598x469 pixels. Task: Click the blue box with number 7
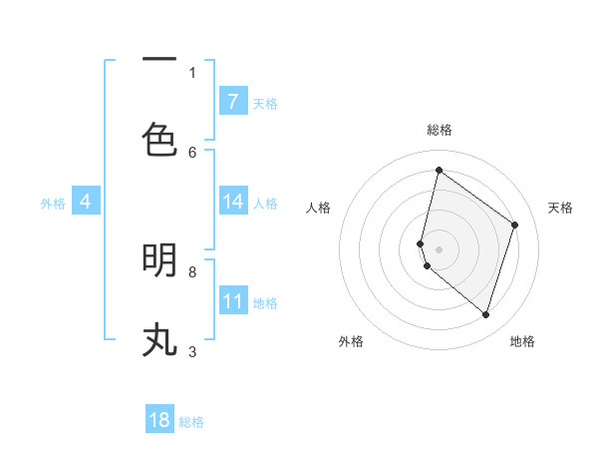[232, 101]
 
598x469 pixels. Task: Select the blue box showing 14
[232, 202]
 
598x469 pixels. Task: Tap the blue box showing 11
[232, 301]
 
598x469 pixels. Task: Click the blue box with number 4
[86, 202]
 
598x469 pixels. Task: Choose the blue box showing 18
[159, 420]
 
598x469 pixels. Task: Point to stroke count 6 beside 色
[192, 152]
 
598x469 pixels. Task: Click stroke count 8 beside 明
[192, 271]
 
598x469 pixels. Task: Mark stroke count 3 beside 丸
[192, 351]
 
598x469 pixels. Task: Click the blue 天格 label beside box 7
[265, 103]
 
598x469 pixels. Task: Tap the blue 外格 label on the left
[53, 203]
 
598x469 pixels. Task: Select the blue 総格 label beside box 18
[191, 422]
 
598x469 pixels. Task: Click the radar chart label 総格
[440, 130]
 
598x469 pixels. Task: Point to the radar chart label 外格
[351, 341]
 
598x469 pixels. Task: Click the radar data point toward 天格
[514, 225]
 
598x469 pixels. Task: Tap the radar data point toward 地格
[485, 315]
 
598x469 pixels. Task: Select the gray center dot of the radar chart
[439, 248]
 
